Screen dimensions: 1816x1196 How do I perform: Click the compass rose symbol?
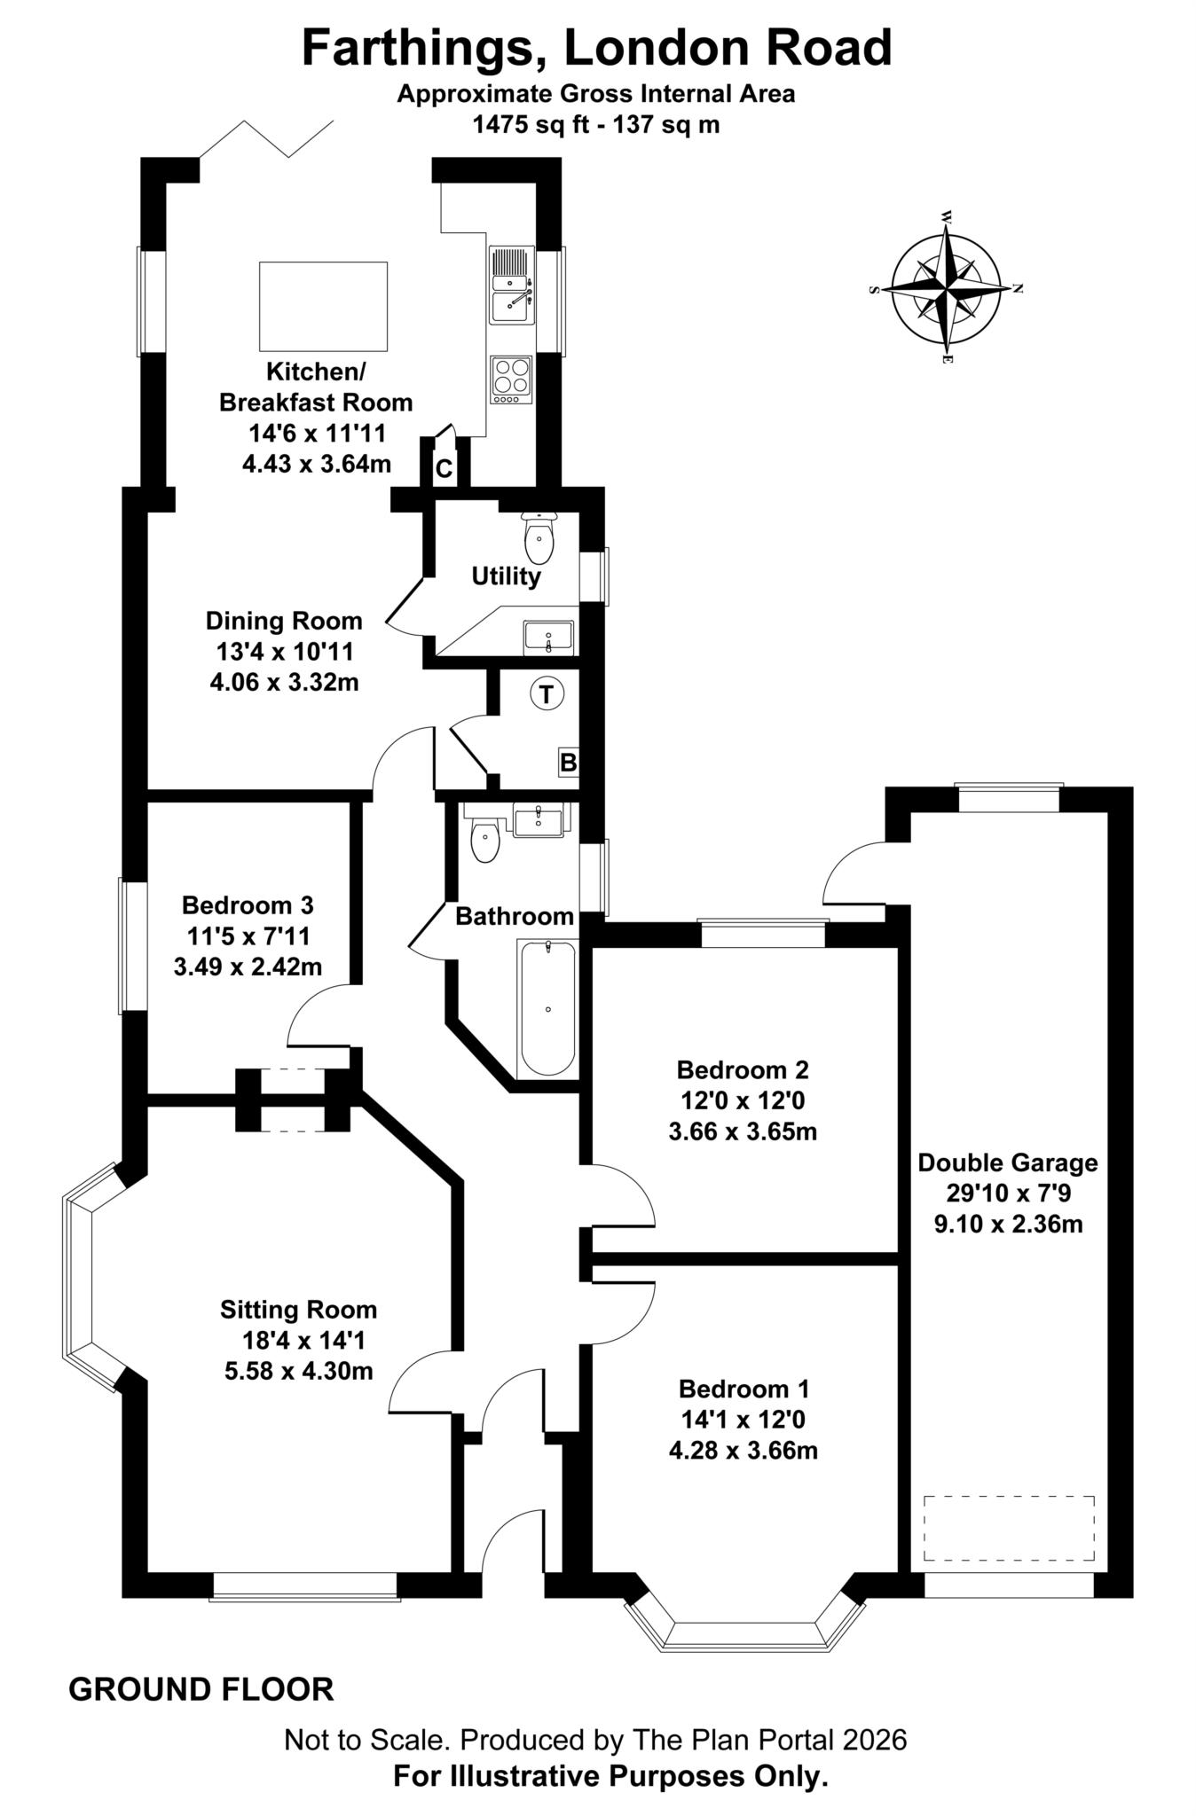point(948,289)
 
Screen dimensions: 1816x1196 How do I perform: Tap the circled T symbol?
point(547,694)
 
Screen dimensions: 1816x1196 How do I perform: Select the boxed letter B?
point(568,763)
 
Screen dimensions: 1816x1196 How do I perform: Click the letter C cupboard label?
point(444,469)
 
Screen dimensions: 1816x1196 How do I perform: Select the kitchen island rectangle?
point(323,306)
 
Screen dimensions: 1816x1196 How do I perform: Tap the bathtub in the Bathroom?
point(548,1009)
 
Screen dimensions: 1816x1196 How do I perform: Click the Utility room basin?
point(548,637)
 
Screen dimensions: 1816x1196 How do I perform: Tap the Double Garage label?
point(1007,1162)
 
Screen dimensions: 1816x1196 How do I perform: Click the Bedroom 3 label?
point(248,905)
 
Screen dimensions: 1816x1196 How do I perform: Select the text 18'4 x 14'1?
point(297,1340)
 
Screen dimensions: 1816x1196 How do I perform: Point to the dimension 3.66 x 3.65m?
point(742,1132)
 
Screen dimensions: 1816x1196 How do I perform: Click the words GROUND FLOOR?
point(201,1690)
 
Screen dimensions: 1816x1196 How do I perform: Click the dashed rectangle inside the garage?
point(1008,1529)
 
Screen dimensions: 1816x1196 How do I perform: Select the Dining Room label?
point(284,621)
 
